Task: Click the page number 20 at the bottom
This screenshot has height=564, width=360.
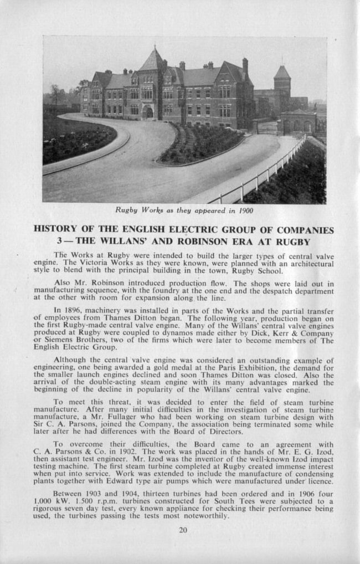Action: [183, 530]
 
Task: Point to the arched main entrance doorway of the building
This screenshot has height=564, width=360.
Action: [148, 112]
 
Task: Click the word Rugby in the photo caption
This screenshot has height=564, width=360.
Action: [127, 211]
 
